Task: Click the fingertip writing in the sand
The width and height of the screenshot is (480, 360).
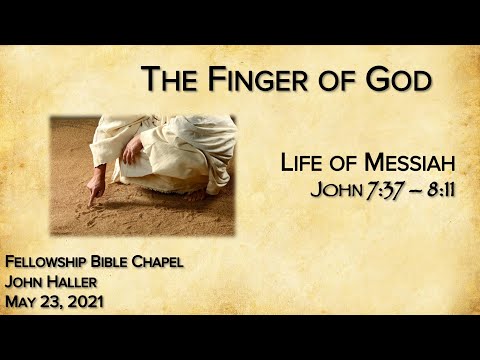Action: [x=89, y=203]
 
